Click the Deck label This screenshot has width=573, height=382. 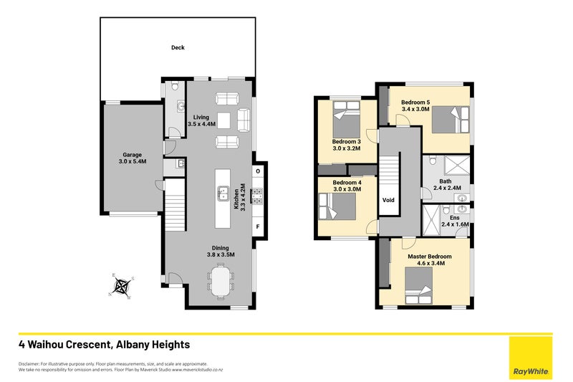point(178,47)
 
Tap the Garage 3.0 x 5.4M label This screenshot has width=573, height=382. point(133,158)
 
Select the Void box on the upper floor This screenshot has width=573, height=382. point(388,200)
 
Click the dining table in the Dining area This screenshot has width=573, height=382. point(221,281)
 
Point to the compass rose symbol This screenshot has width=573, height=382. point(122,286)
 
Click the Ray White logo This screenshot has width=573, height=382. point(531,358)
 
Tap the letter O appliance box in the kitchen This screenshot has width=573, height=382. point(258,171)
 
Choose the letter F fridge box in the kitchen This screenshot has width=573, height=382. point(258,226)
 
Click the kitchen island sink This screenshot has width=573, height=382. point(223,193)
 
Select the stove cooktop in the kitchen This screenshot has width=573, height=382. point(257,196)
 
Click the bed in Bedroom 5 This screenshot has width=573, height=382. point(451,120)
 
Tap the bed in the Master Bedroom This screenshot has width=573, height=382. point(419,285)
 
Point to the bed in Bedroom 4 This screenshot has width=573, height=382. point(337,206)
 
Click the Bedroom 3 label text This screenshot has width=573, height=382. point(347,141)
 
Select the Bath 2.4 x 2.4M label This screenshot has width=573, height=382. point(447,185)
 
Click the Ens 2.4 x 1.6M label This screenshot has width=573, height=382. point(455,221)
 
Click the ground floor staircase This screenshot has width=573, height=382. point(175,205)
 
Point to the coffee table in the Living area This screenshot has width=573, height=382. point(224,120)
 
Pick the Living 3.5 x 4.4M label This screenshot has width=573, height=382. point(201,120)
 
